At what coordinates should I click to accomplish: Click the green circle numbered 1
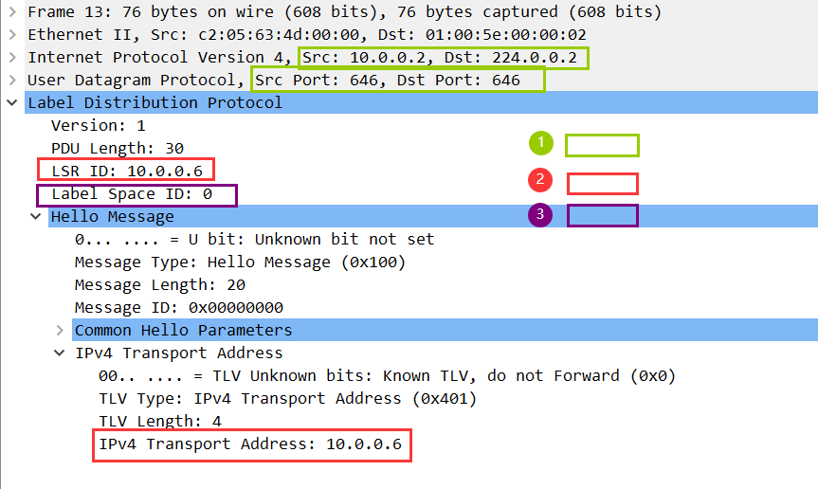pyautogui.click(x=540, y=143)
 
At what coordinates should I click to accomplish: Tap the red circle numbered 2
pyautogui.click(x=539, y=179)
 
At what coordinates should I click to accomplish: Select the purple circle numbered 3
pyautogui.click(x=539, y=215)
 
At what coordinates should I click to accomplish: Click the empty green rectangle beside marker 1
pyautogui.click(x=602, y=145)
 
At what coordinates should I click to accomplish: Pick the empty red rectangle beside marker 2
pyautogui.click(x=602, y=184)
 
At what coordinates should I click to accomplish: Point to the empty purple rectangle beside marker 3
pyautogui.click(x=602, y=216)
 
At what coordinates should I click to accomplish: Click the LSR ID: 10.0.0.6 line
pyautogui.click(x=126, y=171)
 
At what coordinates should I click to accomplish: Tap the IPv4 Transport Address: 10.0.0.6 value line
pyautogui.click(x=252, y=444)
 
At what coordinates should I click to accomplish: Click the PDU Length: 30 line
pyautogui.click(x=118, y=148)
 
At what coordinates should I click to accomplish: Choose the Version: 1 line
pyautogui.click(x=99, y=125)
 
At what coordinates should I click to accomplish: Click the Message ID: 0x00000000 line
pyautogui.click(x=178, y=307)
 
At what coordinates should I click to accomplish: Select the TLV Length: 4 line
pyautogui.click(x=160, y=421)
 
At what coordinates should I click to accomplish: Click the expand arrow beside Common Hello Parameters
pyautogui.click(x=60, y=330)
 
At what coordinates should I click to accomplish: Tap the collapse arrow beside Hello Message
pyautogui.click(x=36, y=216)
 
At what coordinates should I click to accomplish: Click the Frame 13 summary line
pyautogui.click(x=344, y=12)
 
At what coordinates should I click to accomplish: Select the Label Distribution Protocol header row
pyautogui.click(x=155, y=102)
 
